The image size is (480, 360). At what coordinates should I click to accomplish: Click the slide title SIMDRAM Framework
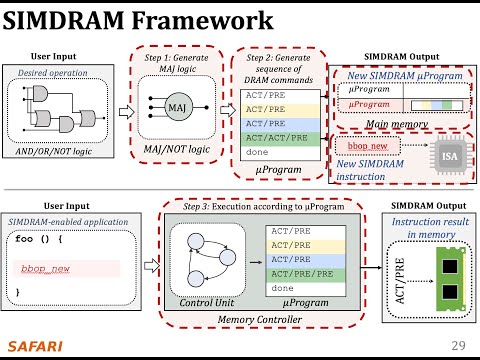[137, 20]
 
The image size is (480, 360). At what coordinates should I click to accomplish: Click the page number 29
[459, 345]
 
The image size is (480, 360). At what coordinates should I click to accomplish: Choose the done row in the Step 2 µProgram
[256, 151]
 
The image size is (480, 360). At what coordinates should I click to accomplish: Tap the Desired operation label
[49, 74]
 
